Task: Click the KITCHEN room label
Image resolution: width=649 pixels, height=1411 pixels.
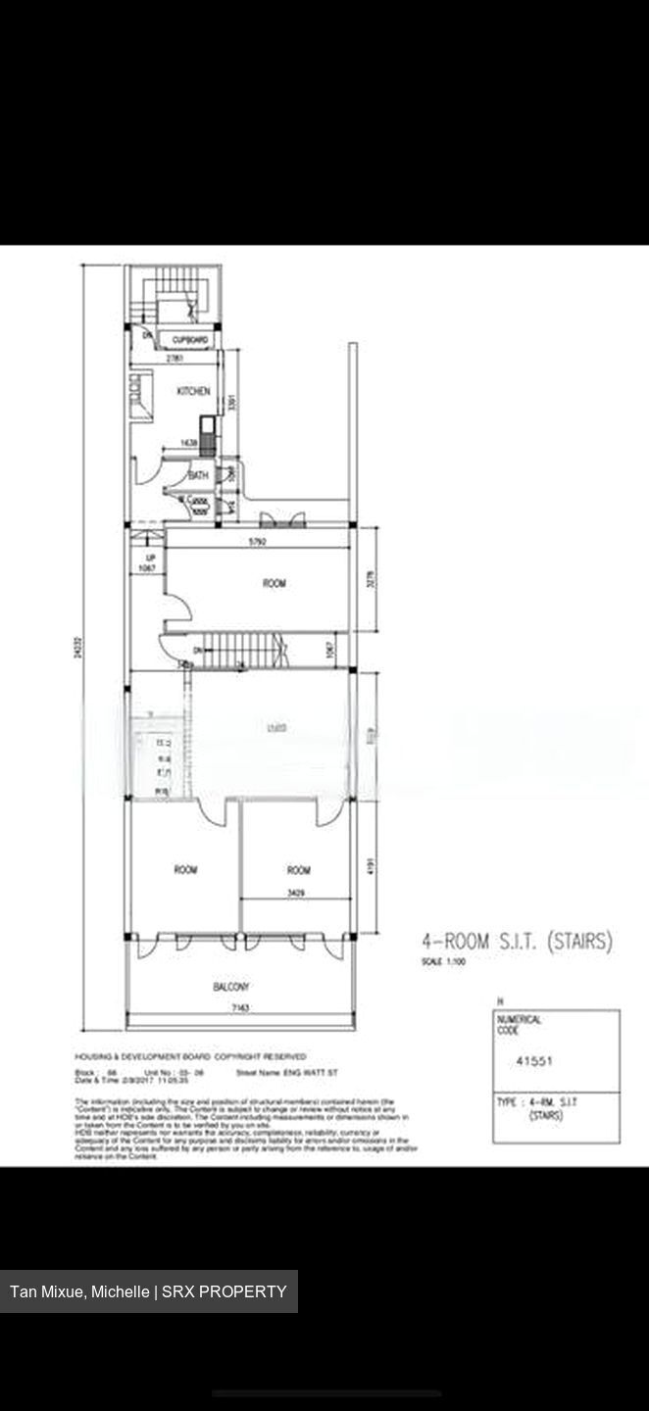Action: tap(193, 391)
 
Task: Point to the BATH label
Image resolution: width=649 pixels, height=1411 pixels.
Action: tap(199, 475)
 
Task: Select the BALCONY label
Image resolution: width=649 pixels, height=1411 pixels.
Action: tap(231, 987)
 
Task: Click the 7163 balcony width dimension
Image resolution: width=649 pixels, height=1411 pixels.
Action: tap(238, 1007)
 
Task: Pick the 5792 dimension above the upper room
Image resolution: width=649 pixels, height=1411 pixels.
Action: tap(258, 541)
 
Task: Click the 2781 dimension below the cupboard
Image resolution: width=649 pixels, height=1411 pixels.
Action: tap(175, 359)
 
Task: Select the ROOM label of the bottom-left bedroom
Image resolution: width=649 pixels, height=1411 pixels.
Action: tap(185, 869)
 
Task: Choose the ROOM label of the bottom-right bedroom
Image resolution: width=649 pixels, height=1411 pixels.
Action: tap(299, 870)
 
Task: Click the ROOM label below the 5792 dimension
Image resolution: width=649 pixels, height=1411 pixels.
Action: tap(274, 584)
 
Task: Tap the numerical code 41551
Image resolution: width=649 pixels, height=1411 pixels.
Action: tap(534, 1060)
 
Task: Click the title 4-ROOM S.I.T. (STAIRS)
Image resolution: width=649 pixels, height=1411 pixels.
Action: tap(517, 943)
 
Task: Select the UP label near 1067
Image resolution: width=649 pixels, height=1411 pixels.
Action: tap(151, 559)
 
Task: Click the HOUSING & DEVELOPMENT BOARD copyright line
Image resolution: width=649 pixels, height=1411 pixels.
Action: tap(190, 1057)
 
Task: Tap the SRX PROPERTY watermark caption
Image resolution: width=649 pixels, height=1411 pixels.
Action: tap(148, 1291)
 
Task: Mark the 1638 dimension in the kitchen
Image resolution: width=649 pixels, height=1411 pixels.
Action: tap(189, 443)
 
